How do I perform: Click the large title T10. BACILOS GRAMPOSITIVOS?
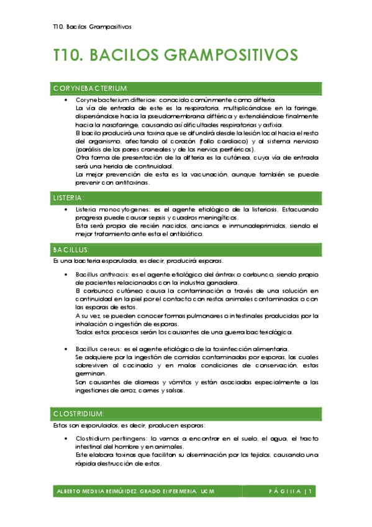(176, 55)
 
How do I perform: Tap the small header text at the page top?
(92, 27)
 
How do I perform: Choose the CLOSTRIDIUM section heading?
(78, 413)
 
